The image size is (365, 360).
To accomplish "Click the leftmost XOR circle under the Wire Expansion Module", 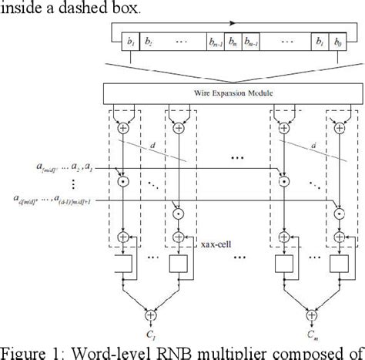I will (121, 128).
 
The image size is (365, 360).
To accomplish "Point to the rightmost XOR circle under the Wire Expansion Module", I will (340, 128).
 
